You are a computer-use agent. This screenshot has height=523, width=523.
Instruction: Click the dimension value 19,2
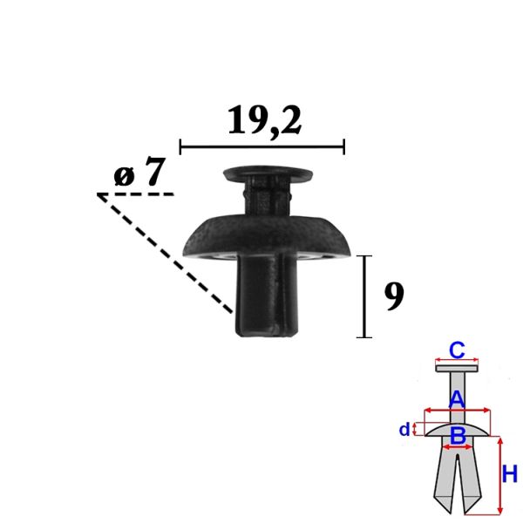click(264, 120)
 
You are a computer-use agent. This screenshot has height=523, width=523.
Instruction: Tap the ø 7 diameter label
click(139, 172)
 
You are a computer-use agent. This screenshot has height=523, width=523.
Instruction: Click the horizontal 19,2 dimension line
click(262, 146)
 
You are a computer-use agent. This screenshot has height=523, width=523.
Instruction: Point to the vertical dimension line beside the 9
click(364, 296)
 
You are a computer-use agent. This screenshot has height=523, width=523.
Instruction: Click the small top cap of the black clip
click(268, 174)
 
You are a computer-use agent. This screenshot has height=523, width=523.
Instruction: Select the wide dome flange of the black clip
click(267, 237)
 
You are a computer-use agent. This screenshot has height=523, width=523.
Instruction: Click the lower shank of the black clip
click(266, 295)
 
